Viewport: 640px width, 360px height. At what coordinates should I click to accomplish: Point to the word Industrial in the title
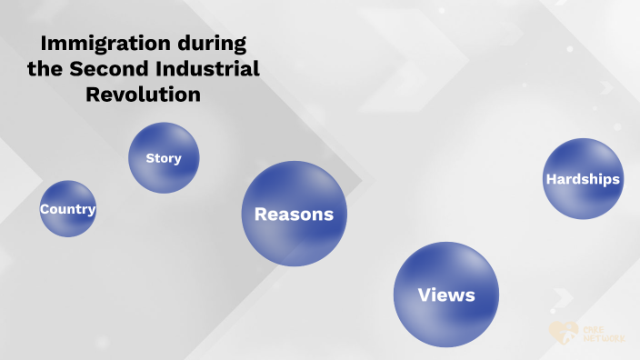point(208,68)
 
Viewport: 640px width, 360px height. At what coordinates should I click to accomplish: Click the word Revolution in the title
point(143,94)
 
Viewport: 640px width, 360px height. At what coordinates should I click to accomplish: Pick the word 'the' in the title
point(45,68)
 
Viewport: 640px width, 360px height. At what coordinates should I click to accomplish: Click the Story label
point(164,158)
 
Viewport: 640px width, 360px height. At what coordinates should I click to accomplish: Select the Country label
point(67,209)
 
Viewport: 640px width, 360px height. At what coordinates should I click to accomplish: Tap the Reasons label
point(294,215)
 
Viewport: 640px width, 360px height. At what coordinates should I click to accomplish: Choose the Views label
point(446,295)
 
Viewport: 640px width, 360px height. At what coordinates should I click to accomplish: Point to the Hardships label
point(583,179)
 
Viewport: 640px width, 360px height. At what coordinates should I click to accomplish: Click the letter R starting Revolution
point(91,94)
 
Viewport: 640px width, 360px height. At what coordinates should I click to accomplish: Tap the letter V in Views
point(423,295)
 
